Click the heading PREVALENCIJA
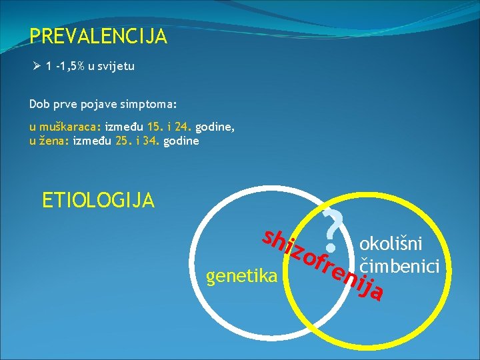[x=98, y=37]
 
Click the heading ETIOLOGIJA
[x=98, y=199]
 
